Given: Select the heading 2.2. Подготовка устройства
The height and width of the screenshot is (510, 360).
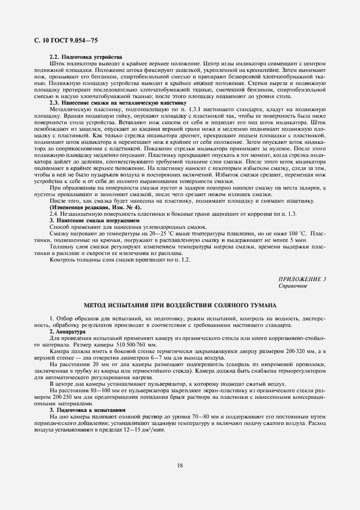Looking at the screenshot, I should (86, 57).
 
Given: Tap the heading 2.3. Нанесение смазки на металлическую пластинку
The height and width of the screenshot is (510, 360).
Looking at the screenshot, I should (118, 102).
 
